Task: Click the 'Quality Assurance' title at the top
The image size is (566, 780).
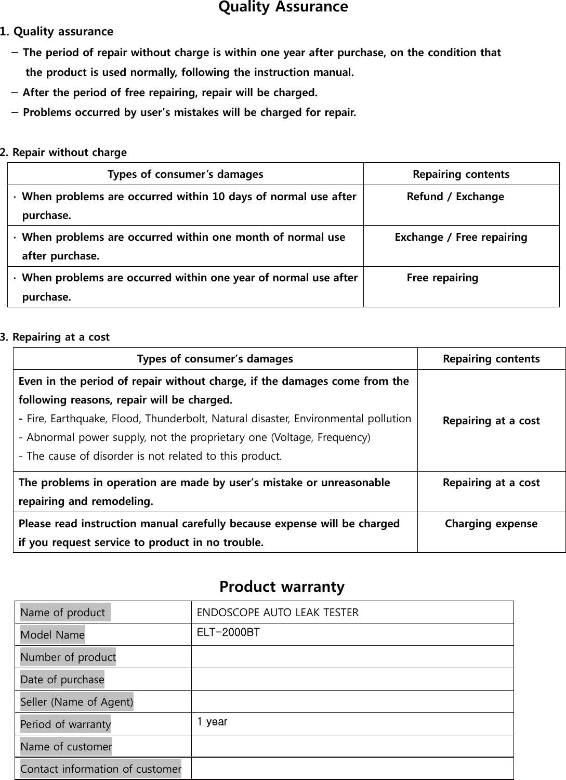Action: [283, 8]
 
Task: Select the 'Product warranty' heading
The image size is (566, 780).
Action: [282, 587]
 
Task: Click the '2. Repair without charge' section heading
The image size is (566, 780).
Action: [63, 152]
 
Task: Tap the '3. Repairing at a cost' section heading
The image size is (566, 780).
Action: [55, 337]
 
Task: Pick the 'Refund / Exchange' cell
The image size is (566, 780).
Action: [455, 197]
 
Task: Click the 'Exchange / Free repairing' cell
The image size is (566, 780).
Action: [460, 237]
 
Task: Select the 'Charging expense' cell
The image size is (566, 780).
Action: [491, 524]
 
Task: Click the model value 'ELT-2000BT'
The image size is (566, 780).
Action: [228, 633]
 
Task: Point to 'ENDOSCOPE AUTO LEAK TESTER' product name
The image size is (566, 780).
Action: [278, 612]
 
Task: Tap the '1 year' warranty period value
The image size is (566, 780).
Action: [212, 722]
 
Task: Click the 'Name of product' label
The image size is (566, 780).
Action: [63, 613]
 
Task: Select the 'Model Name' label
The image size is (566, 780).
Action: [52, 635]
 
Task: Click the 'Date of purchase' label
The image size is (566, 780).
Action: [62, 680]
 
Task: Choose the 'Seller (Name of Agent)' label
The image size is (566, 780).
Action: [77, 702]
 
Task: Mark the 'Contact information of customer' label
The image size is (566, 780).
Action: [101, 769]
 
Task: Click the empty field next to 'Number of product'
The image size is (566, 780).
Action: [352, 657]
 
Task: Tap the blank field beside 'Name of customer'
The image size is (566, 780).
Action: [352, 746]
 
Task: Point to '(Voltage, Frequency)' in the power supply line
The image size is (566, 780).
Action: [327, 437]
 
